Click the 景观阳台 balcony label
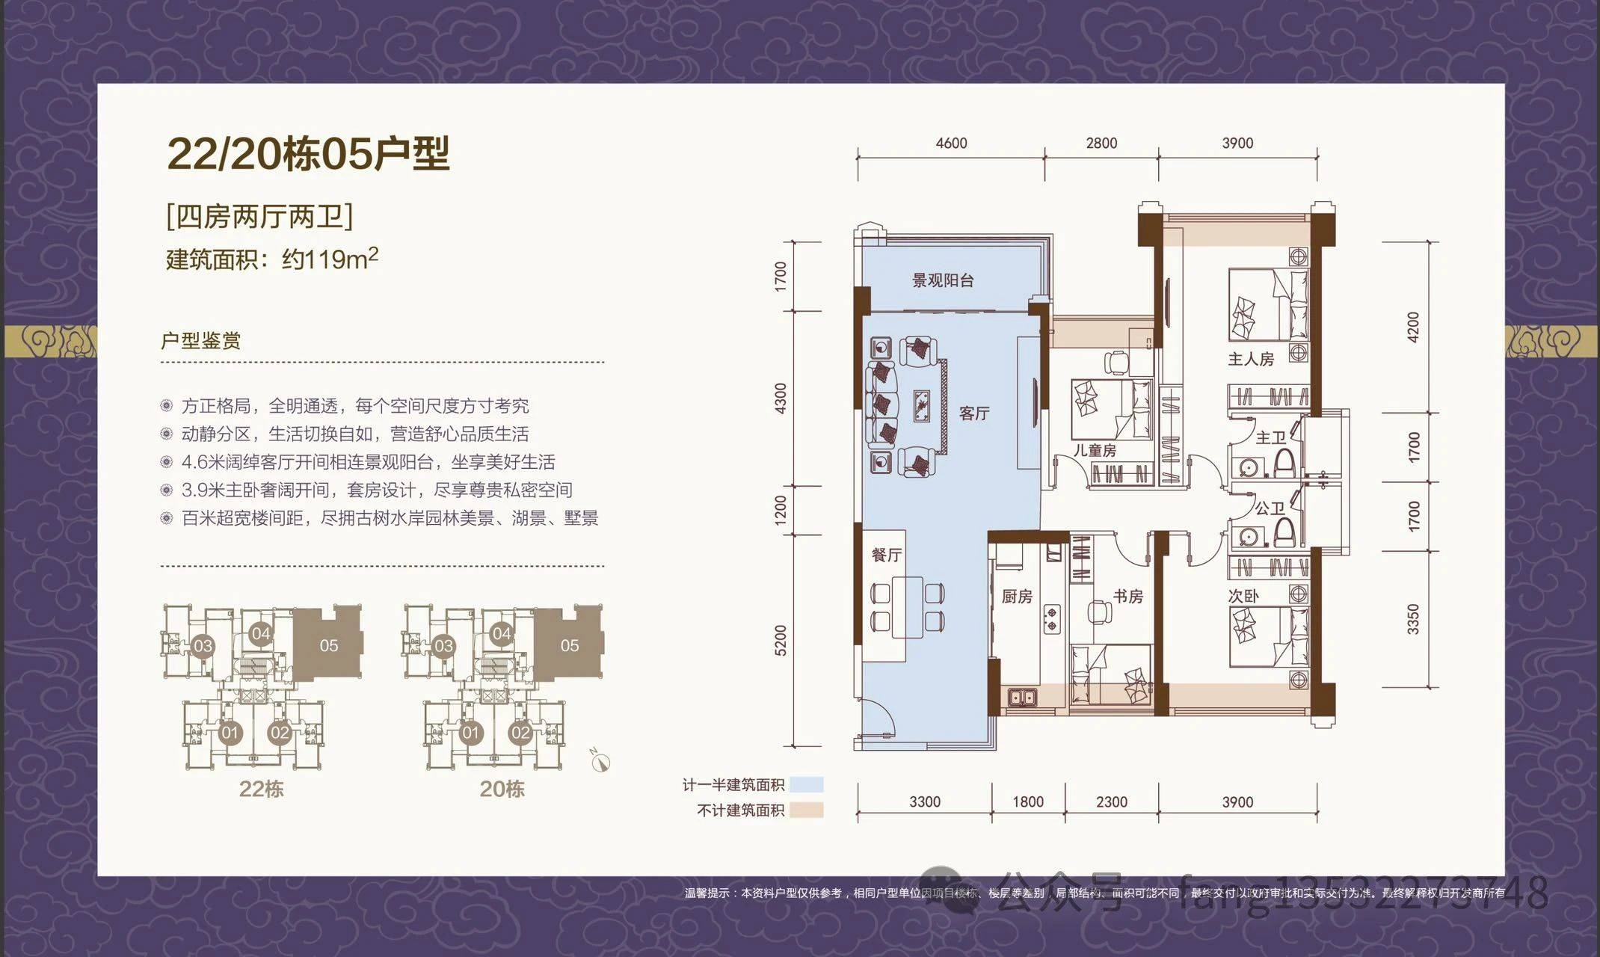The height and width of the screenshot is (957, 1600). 942,280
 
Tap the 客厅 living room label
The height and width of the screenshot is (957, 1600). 974,413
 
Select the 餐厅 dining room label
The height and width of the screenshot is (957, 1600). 886,555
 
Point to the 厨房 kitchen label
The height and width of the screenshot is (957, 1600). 1017,596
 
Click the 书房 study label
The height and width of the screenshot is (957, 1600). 1127,596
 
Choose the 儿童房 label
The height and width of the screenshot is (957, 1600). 1095,450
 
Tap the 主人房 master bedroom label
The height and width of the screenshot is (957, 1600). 1251,359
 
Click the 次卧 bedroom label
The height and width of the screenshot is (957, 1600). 1243,596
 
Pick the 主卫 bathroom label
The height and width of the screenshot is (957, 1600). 1270,437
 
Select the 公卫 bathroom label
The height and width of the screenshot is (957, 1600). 1270,508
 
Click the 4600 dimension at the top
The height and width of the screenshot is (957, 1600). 951,143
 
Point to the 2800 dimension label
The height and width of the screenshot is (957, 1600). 1101,143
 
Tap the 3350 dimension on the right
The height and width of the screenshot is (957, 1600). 1412,619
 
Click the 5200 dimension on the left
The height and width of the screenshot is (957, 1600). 781,640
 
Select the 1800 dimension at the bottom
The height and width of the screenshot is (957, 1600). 1028,801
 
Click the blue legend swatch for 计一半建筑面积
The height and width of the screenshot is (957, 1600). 806,784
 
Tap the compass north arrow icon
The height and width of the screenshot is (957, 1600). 600,761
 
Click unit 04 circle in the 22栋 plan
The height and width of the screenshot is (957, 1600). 260,634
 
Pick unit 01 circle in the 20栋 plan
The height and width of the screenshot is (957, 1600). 470,733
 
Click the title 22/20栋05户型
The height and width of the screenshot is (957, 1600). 308,154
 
